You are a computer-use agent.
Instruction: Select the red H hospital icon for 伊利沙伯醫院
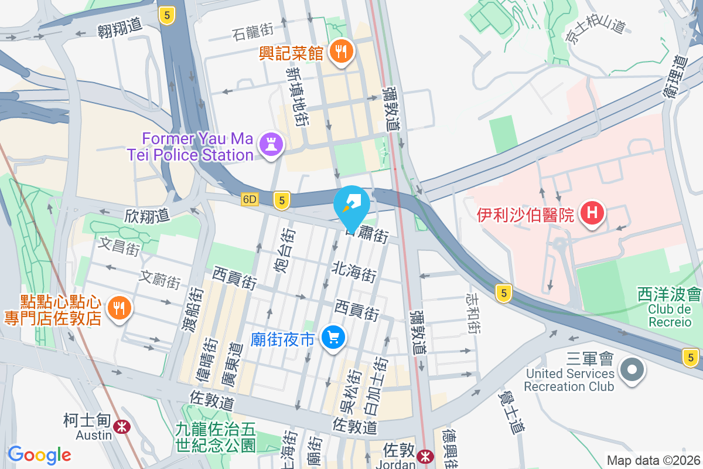[592, 213]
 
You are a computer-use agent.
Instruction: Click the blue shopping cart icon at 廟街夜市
[333, 338]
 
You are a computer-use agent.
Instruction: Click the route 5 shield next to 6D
[282, 200]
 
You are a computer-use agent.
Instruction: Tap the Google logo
[40, 455]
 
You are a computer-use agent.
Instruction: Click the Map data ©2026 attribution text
[653, 460]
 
